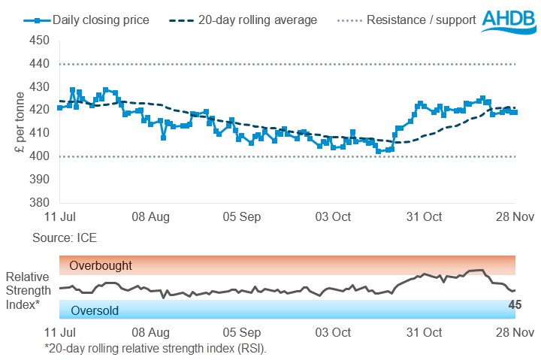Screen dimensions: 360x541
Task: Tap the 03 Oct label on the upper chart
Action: click(x=334, y=217)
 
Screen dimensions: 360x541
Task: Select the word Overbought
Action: click(x=101, y=265)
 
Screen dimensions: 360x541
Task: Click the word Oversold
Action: click(x=95, y=310)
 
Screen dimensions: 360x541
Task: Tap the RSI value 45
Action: click(x=515, y=304)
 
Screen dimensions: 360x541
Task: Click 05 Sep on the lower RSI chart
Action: click(x=242, y=332)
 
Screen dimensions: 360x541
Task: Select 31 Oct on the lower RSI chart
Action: click(x=423, y=332)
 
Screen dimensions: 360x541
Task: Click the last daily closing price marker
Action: click(x=515, y=112)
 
